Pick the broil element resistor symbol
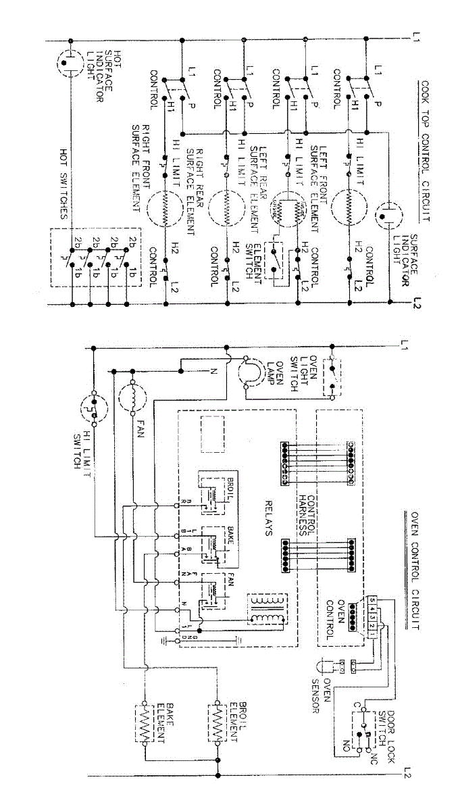(x=219, y=724)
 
